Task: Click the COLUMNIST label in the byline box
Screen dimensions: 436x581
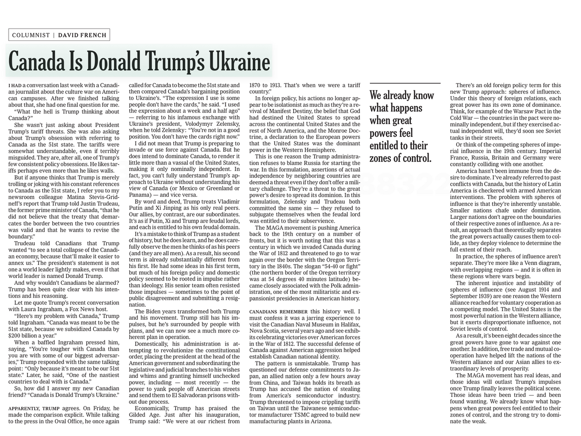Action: (31, 35)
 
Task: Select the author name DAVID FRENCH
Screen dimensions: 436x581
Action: (82, 35)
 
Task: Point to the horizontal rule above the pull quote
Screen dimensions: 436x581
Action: (405, 84)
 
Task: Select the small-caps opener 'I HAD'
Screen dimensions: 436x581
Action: (15, 85)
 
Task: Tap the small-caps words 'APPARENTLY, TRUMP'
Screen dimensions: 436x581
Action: (34, 408)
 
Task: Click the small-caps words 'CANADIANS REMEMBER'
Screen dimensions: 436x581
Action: (279, 312)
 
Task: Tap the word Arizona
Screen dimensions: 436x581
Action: (318, 421)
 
